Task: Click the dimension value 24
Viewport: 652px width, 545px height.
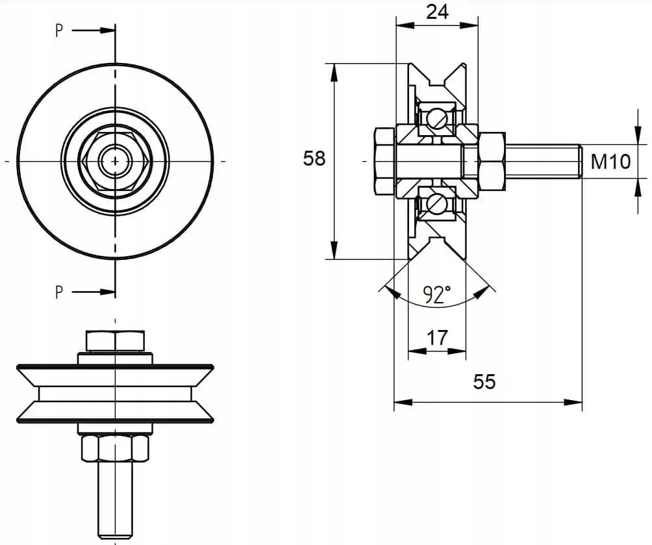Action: (x=437, y=12)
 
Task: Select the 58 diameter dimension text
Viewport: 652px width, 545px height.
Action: (x=314, y=158)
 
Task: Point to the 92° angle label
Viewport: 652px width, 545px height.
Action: (x=437, y=295)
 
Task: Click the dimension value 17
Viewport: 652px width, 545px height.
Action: (x=437, y=338)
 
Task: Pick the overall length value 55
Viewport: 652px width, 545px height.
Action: (x=484, y=382)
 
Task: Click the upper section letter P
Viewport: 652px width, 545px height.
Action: (x=59, y=31)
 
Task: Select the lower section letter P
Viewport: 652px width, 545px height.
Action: (x=59, y=292)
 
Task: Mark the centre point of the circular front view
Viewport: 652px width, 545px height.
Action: (x=115, y=160)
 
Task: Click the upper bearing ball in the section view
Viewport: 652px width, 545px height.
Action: (x=436, y=118)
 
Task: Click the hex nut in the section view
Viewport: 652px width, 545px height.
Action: (x=492, y=161)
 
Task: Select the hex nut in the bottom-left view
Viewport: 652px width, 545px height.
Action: (x=115, y=448)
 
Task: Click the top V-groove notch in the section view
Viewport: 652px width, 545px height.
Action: (x=436, y=81)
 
